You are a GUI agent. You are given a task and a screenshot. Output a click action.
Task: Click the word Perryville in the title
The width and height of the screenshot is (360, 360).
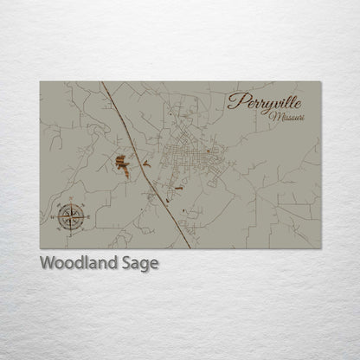click(265, 101)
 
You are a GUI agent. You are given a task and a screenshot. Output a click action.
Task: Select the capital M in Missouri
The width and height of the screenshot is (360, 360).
click(273, 116)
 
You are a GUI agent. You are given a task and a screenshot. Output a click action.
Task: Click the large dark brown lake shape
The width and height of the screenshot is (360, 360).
click(123, 164)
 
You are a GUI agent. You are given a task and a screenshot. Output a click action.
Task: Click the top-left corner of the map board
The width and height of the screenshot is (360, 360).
click(41, 82)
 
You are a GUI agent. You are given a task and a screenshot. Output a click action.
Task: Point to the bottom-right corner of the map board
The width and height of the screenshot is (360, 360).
click(320, 247)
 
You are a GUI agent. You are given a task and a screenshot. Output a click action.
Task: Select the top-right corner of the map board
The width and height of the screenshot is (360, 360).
click(320, 82)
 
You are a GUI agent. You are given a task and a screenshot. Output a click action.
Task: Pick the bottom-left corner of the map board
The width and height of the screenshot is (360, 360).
click(41, 247)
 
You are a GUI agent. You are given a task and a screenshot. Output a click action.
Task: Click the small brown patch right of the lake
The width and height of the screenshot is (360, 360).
click(145, 162)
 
